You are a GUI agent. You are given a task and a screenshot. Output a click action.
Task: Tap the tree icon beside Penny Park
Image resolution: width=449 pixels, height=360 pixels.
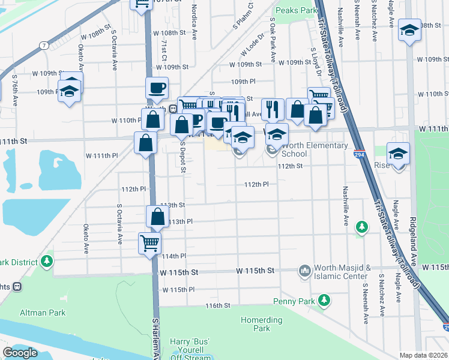click(324, 299)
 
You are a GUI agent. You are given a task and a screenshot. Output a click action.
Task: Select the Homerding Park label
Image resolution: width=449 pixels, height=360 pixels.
click(261, 324)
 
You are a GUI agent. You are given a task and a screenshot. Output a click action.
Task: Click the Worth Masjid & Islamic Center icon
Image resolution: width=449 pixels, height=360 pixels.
click(304, 272)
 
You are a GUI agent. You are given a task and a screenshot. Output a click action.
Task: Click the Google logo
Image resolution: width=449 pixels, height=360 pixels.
click(20, 353)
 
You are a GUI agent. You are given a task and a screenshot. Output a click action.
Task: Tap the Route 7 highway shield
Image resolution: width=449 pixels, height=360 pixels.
click(44, 45)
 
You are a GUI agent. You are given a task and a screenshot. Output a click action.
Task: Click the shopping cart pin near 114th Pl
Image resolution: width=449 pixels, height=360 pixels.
click(149, 244)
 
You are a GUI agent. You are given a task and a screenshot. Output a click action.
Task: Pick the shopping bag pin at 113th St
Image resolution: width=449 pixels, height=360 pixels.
click(157, 217)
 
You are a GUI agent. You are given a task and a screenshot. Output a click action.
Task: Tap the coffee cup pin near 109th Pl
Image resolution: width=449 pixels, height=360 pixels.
click(157, 88)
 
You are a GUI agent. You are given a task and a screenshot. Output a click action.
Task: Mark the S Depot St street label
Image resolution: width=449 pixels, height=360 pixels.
click(182, 155)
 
